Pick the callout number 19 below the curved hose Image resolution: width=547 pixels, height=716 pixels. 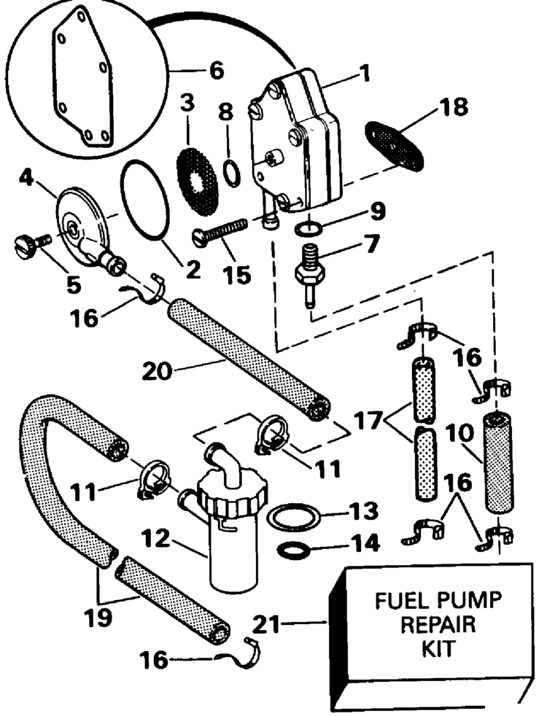98,616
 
